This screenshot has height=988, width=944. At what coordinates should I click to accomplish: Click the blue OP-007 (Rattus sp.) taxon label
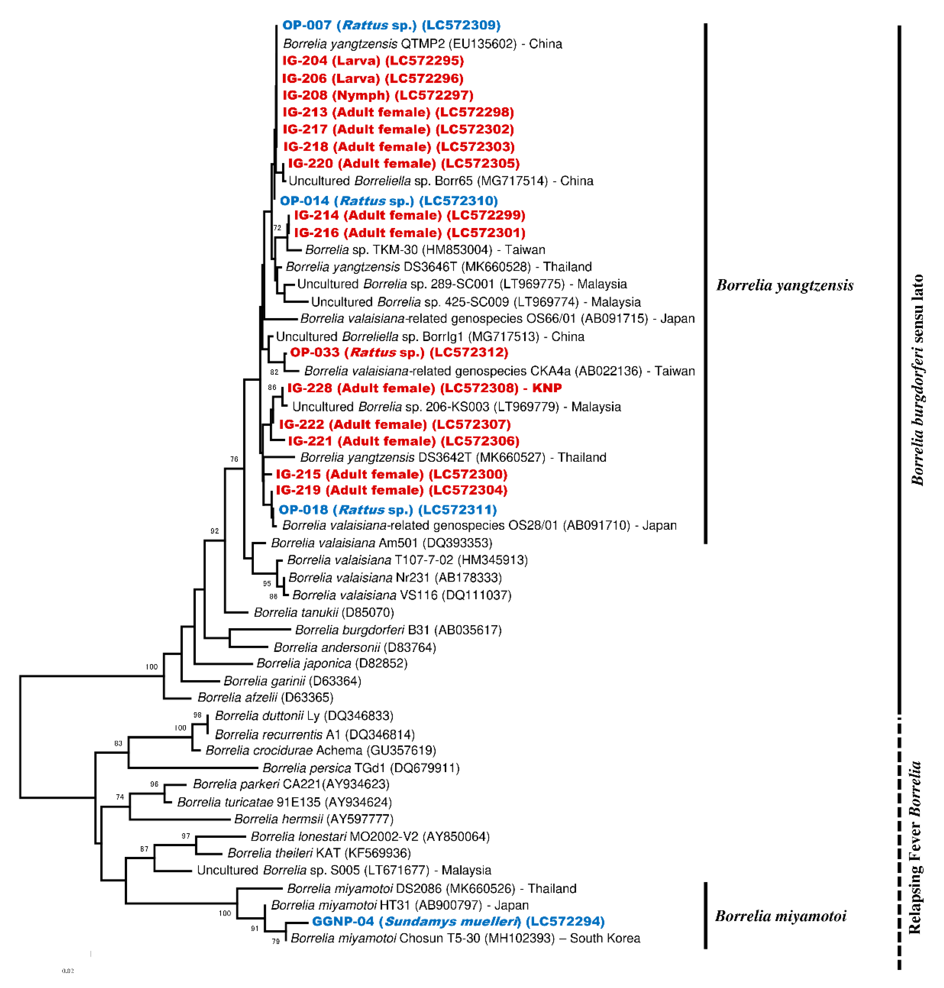(391, 25)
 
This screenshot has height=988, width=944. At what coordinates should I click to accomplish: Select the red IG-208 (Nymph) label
(377, 95)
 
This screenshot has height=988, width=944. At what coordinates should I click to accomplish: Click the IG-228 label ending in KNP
(424, 388)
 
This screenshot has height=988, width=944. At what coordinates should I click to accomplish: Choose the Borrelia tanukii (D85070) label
(324, 612)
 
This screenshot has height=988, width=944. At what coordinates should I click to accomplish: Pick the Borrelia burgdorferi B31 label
(398, 630)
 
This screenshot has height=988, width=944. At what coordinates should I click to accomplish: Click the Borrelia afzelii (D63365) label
(265, 697)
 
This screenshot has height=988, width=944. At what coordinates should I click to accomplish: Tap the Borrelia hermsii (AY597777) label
(314, 819)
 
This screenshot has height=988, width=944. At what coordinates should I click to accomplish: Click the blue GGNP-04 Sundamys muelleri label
(458, 921)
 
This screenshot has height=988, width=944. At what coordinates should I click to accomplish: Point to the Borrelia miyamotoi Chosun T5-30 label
(465, 938)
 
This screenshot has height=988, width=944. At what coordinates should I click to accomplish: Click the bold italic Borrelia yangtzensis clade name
(784, 285)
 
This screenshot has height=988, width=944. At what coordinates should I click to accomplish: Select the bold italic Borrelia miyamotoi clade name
(780, 916)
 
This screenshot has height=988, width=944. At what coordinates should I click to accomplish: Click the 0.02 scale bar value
(68, 970)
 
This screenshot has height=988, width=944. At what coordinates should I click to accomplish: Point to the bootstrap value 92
(214, 531)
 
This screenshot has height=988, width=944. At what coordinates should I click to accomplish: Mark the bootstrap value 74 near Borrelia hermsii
(120, 797)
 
